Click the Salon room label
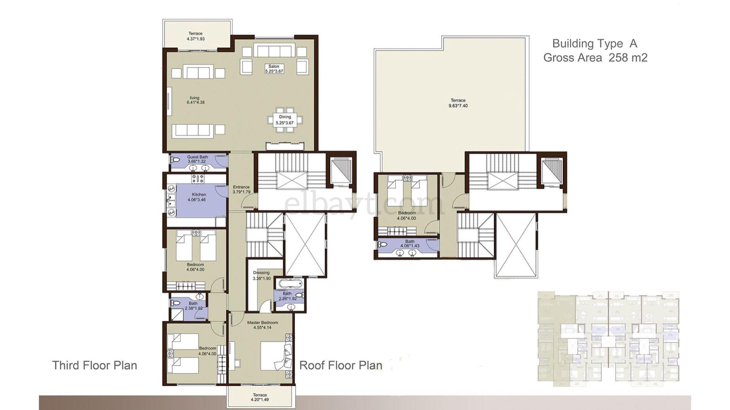click(x=274, y=67)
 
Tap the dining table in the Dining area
click(x=285, y=120)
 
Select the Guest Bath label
click(x=197, y=157)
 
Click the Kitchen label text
click(x=199, y=195)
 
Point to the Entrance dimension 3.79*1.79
click(x=241, y=192)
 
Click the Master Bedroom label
click(x=262, y=323)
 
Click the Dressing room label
click(x=261, y=273)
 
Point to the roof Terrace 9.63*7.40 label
click(x=458, y=103)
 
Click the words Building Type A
click(x=595, y=43)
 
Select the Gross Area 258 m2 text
click(x=595, y=58)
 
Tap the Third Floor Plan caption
click(x=95, y=365)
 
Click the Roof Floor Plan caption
click(x=341, y=365)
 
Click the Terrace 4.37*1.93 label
click(x=196, y=36)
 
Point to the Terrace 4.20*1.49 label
click(x=260, y=397)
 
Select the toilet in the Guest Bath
click(x=176, y=160)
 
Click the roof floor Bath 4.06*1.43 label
click(x=410, y=243)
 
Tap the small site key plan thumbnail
click(x=608, y=339)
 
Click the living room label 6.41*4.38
click(x=195, y=100)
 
